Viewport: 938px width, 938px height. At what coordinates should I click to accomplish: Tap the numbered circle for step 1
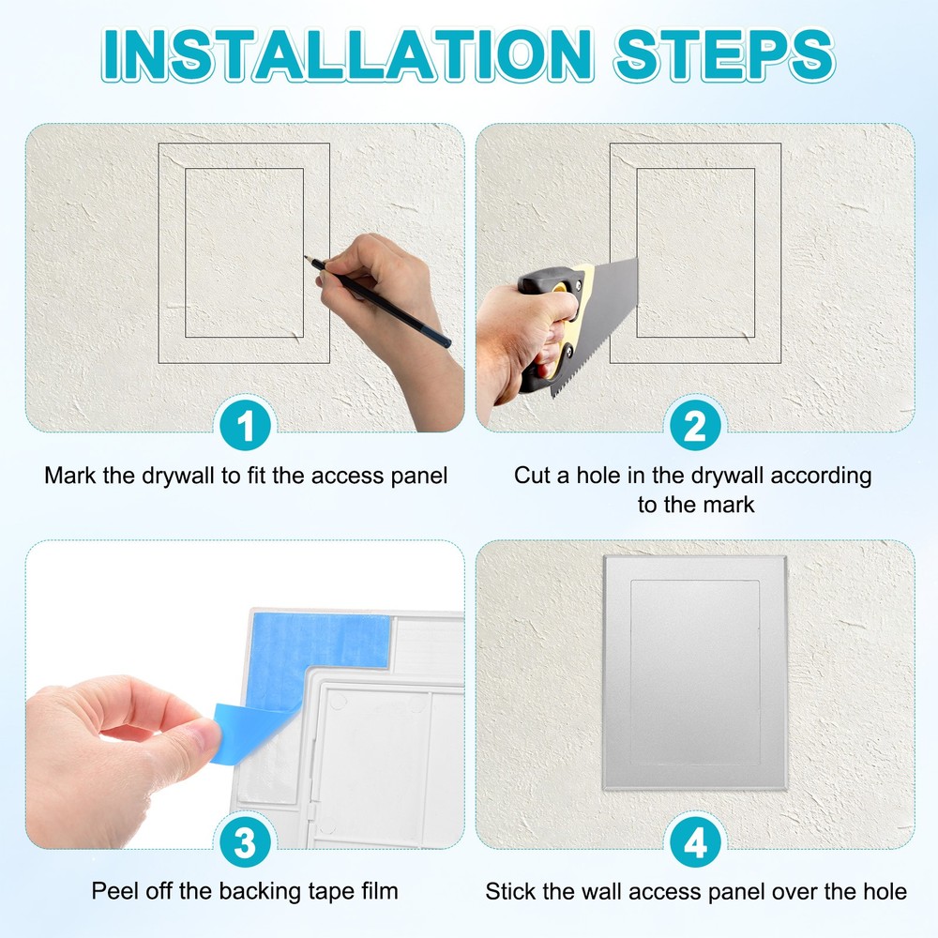tap(245, 428)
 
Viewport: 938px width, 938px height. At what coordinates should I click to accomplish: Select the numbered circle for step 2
tap(695, 428)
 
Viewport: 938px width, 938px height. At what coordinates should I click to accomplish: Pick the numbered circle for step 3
tap(245, 843)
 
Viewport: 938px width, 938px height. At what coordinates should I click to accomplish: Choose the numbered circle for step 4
tap(695, 843)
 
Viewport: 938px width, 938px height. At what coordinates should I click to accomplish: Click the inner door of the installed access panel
tap(695, 671)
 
